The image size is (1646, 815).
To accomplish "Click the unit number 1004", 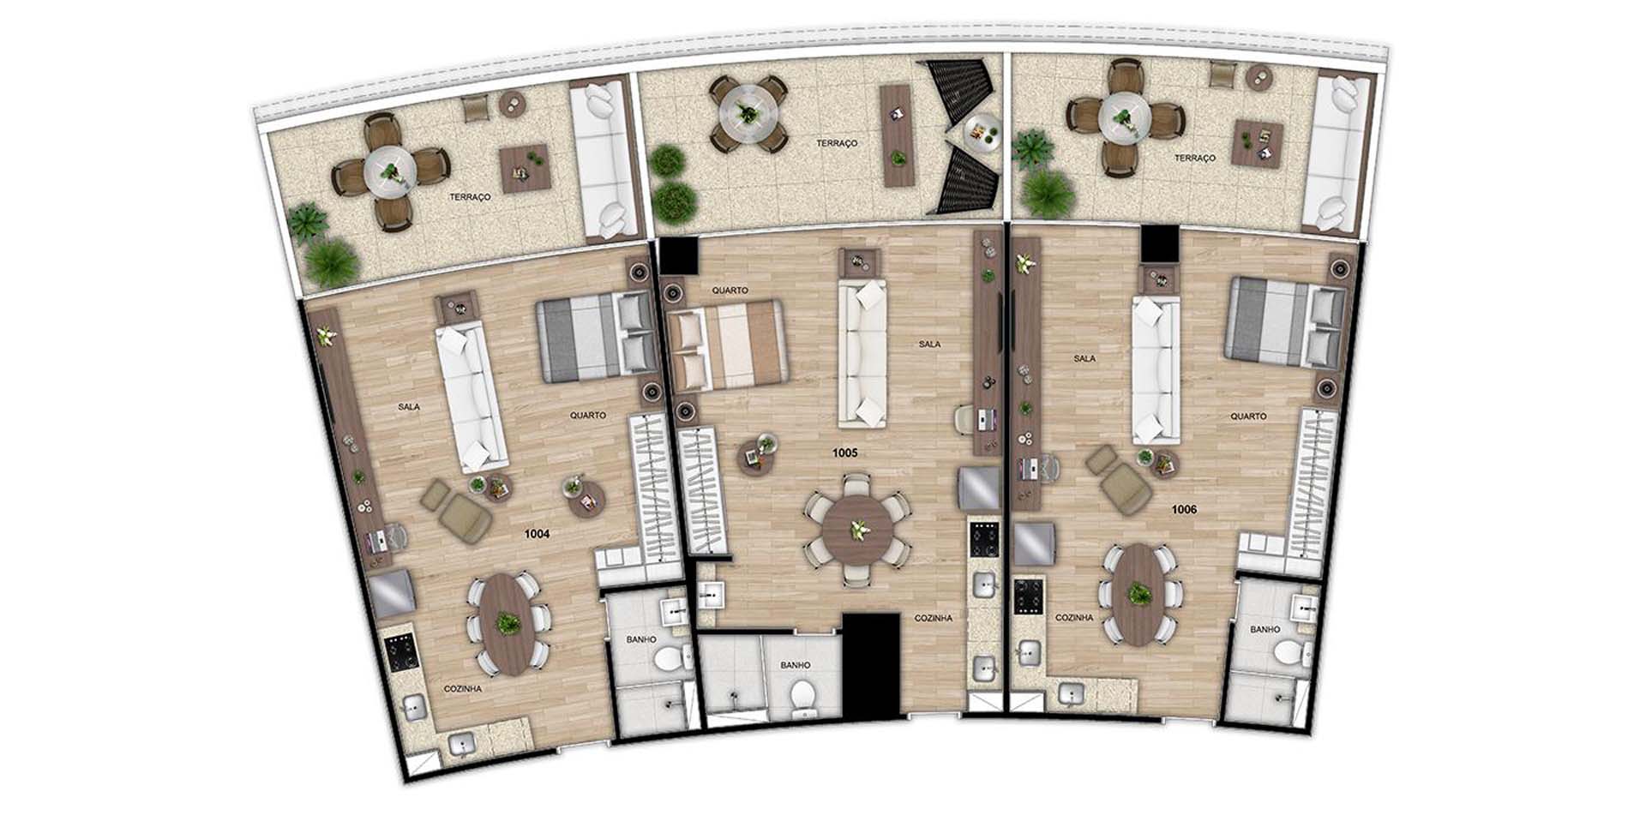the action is (x=537, y=534).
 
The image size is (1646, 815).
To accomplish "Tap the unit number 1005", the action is (x=844, y=452).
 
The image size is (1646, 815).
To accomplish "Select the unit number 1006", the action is (x=1184, y=510).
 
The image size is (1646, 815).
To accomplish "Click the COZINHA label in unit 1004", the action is (x=462, y=688).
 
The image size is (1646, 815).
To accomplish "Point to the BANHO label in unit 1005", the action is (x=796, y=665).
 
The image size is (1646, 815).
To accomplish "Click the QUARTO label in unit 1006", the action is (x=1248, y=416).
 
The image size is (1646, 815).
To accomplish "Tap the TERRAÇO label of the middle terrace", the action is (x=837, y=143).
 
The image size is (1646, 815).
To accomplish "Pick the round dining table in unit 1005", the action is (x=856, y=530).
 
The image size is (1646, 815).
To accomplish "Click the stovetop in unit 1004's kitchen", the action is (x=400, y=656).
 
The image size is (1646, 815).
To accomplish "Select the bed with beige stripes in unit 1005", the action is (x=728, y=345).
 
